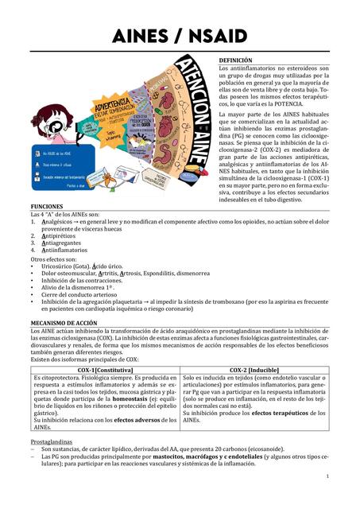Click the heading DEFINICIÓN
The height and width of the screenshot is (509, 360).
235,60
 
